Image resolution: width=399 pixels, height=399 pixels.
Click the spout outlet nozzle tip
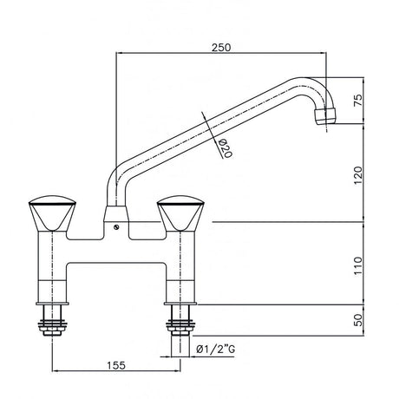pyautogui.click(x=326, y=114)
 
